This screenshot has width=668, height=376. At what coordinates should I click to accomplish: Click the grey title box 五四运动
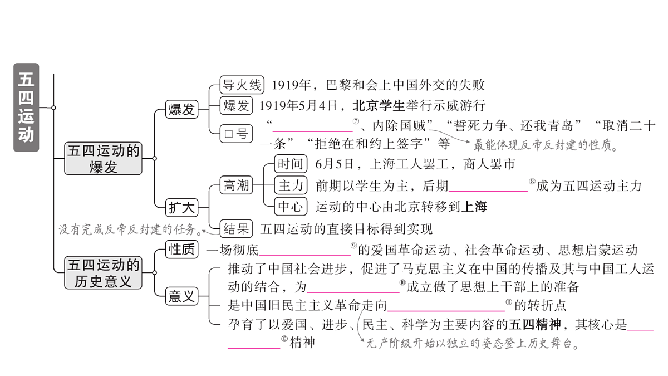26,108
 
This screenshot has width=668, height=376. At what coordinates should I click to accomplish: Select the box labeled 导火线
242,85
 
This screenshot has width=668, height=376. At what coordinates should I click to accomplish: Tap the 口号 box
236,134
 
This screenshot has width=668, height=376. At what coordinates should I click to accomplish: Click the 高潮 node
236,185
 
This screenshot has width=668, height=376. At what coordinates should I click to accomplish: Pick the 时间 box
291,164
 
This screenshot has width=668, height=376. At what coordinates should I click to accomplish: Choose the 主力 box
291,185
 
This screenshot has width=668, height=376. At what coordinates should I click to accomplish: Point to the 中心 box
291,206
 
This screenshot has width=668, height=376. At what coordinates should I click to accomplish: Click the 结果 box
236,229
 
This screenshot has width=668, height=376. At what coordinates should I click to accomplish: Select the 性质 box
181,249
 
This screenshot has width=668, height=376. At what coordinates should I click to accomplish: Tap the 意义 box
181,296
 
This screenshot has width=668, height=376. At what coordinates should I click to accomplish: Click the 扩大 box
181,208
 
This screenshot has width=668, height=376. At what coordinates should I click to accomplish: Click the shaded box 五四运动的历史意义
103,273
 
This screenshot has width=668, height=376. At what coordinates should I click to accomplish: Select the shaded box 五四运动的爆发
103,158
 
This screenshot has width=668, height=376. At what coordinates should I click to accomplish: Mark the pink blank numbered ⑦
312,131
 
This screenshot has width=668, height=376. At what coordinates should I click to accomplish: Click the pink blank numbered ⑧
488,191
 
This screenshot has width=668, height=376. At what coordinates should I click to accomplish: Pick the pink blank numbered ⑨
304,256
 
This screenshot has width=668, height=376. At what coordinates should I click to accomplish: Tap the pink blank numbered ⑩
353,292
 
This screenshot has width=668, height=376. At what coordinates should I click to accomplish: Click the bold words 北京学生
379,106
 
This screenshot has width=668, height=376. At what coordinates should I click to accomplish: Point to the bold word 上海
474,207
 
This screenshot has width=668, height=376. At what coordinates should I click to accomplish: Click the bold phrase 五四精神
535,324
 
